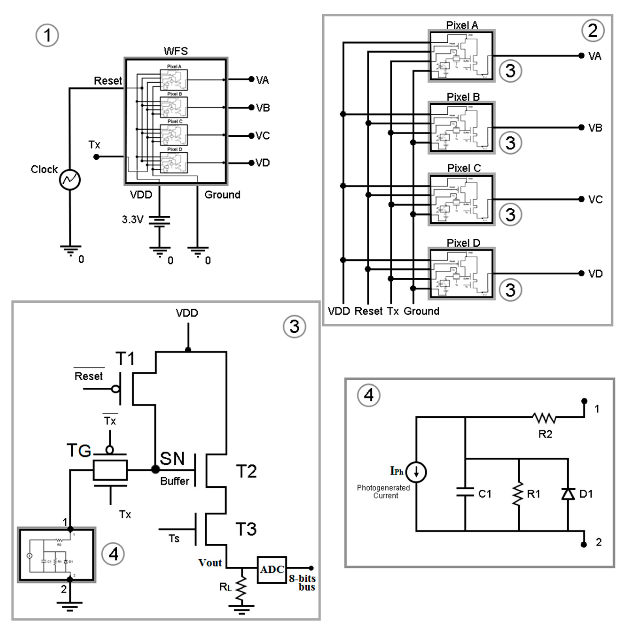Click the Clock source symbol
(70, 180)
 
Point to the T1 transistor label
(126, 359)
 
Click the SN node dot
(156, 469)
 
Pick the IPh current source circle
(416, 472)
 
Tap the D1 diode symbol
(568, 494)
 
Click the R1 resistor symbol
(518, 494)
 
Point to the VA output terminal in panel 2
(582, 56)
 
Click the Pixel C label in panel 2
(464, 168)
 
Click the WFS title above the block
(176, 51)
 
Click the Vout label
(210, 563)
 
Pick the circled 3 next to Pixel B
(510, 143)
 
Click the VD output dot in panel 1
(251, 163)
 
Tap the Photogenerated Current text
(383, 491)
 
